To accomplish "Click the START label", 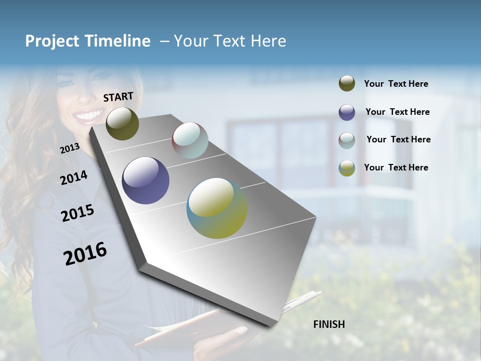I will (118, 97).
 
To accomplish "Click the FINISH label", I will (329, 324).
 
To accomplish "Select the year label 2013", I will (70, 148).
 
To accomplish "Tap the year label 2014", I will (74, 177).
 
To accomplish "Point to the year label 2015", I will (78, 213).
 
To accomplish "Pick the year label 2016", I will (85, 253).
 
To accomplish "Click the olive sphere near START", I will (122, 123).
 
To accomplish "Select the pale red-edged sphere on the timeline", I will (190, 140).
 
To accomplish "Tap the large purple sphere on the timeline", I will (145, 180).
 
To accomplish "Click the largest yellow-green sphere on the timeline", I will (217, 208).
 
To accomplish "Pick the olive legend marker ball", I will (347, 83).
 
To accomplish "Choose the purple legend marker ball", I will (347, 112).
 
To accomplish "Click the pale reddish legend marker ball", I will (347, 140).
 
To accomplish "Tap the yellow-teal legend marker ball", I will (347, 168).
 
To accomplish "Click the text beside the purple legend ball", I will (397, 112).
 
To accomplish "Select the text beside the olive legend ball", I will (396, 84).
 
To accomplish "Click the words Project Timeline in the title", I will (88, 41).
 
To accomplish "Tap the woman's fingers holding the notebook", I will (239, 332).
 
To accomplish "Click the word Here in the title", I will (268, 41).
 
